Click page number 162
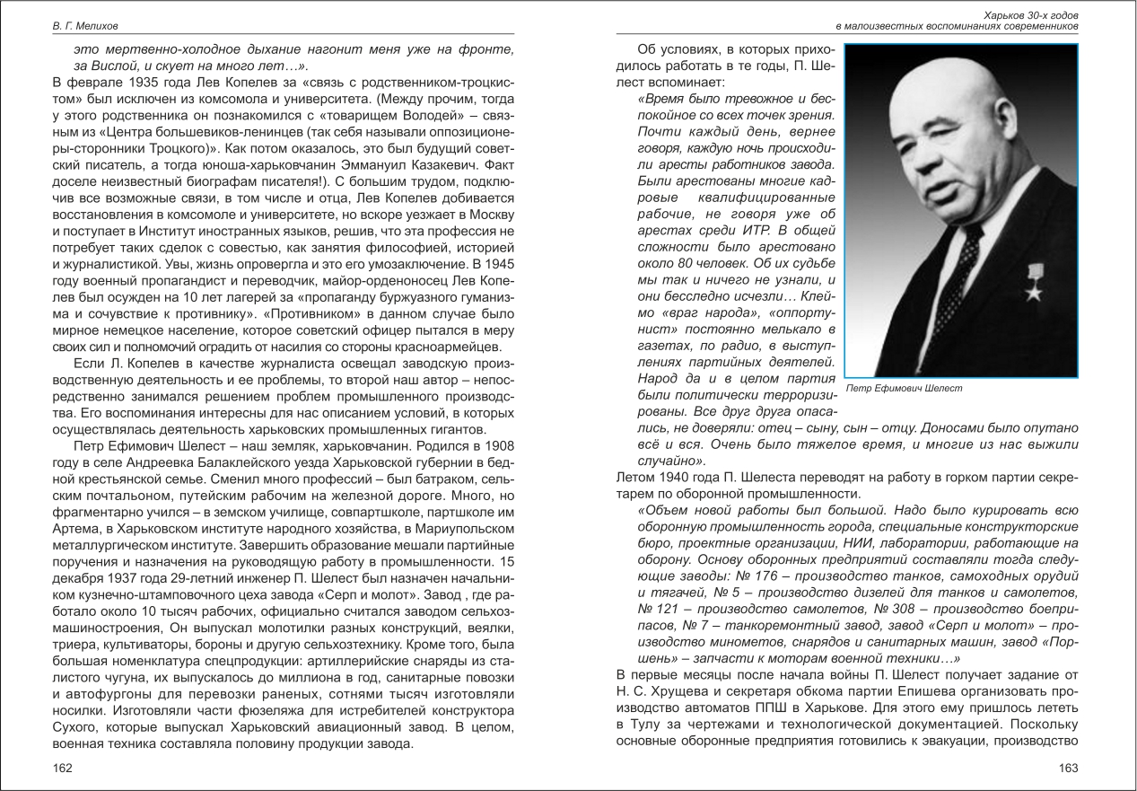tap(62, 768)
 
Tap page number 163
tap(1068, 768)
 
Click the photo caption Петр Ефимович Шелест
tap(904, 388)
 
